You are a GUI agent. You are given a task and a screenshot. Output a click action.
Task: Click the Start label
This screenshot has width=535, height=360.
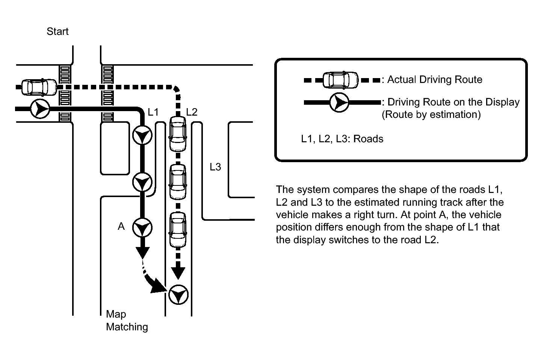click(x=57, y=32)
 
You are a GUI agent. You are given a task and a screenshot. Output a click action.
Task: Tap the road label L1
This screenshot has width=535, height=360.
click(x=153, y=112)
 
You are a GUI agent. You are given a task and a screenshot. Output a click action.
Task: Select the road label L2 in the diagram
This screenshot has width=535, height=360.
click(x=192, y=112)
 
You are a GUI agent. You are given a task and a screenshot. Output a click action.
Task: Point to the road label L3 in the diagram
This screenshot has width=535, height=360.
click(x=215, y=167)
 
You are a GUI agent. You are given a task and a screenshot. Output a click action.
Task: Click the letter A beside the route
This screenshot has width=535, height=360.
click(x=121, y=226)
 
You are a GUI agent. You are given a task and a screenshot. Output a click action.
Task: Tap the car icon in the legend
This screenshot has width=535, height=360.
click(x=341, y=80)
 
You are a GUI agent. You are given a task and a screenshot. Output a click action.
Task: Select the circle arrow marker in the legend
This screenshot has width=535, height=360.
click(x=339, y=102)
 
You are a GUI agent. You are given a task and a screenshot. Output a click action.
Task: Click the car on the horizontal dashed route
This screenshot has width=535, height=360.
click(x=39, y=87)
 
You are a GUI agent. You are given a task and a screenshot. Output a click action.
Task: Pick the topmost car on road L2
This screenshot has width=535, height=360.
click(x=178, y=133)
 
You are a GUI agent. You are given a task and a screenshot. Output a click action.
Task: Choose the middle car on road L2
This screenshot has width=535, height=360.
click(x=178, y=182)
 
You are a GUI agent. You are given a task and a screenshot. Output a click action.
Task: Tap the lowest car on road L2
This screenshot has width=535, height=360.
click(x=178, y=229)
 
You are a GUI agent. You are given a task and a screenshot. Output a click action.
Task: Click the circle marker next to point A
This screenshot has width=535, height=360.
click(x=142, y=228)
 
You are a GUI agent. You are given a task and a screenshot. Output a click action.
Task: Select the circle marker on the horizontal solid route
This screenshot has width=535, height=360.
click(x=40, y=109)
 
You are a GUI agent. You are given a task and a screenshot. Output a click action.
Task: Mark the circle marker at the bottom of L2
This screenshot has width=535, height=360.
click(x=178, y=295)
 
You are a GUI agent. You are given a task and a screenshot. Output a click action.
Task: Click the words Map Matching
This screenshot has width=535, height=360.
click(x=127, y=321)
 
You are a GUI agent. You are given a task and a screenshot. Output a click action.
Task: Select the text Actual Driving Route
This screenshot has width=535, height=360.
click(x=435, y=80)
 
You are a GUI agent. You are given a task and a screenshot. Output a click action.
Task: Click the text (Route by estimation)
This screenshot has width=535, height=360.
click(x=431, y=114)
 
